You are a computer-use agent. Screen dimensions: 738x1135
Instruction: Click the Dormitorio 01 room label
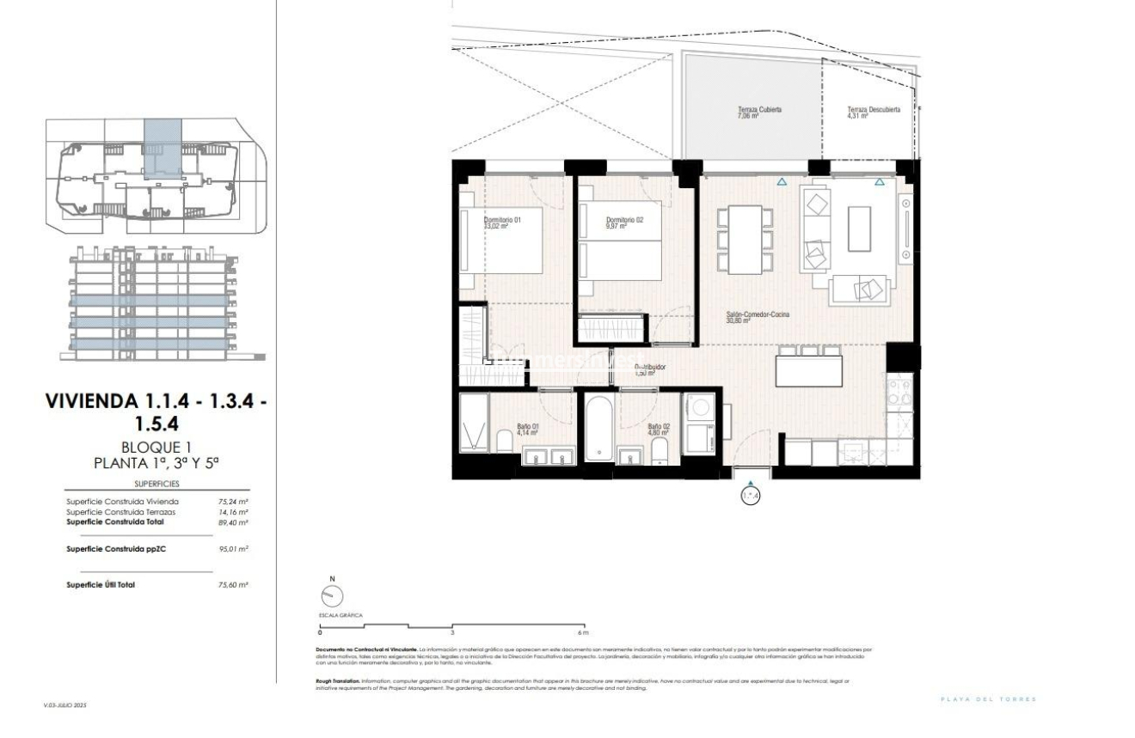tap(502, 223)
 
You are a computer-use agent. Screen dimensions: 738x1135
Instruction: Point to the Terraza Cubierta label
tap(759, 113)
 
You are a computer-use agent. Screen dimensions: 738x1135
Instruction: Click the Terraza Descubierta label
tap(873, 113)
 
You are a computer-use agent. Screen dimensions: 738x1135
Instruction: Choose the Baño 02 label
tap(659, 429)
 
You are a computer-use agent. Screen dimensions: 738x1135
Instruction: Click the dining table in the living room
tap(745, 240)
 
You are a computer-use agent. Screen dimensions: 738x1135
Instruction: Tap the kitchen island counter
tap(808, 372)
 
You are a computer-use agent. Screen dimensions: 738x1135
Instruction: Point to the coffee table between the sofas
tap(859, 229)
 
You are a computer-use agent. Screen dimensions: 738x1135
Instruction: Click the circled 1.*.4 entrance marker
tap(751, 496)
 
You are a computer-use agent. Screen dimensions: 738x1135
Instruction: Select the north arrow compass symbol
tap(330, 595)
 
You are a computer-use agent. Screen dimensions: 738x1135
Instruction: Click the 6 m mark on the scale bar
tap(585, 631)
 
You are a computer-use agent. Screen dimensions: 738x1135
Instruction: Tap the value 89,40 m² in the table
tap(233, 522)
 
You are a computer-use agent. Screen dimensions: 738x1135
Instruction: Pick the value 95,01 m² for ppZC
tap(233, 548)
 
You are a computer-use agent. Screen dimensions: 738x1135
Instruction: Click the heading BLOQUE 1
tap(156, 448)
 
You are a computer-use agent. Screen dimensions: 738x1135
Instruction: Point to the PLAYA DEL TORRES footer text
tap(989, 699)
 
